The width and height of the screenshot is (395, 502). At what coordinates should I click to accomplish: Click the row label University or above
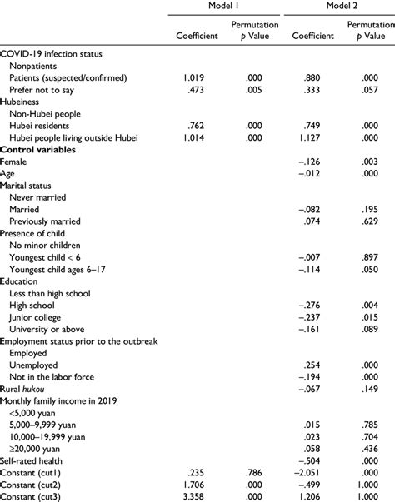48,330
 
